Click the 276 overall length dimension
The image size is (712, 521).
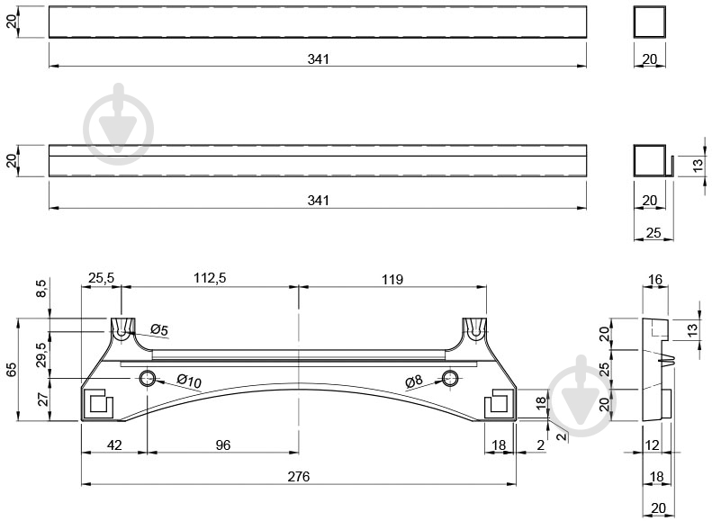298,477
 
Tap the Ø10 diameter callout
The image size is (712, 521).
189,381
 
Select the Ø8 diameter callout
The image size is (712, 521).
414,382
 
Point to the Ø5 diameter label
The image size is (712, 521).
159,329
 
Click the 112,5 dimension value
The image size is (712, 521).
210,278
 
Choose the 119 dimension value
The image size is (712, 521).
392,279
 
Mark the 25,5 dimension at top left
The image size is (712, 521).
101,278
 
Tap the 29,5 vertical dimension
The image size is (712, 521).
41,355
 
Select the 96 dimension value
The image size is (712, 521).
223,445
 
